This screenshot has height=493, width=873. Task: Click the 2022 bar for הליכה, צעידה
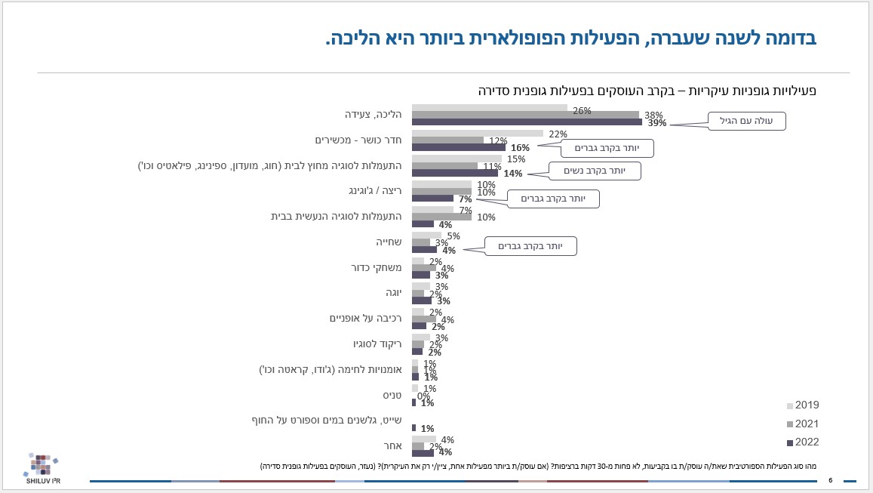527,122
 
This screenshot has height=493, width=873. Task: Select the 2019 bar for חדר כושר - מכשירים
477,134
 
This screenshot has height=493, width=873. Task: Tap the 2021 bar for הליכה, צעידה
525,115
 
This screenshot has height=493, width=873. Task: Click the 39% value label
656,123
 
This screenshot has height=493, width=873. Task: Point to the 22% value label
558,134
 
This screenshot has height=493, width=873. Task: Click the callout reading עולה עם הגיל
746,121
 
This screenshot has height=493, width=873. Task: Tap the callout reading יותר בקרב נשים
594,171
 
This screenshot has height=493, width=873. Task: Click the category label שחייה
388,242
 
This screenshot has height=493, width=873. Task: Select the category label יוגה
392,293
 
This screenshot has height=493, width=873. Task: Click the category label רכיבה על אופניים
366,318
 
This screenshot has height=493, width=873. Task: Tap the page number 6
830,480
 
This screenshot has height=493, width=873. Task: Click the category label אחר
393,445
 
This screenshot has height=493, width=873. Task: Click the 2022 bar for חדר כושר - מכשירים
458,148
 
